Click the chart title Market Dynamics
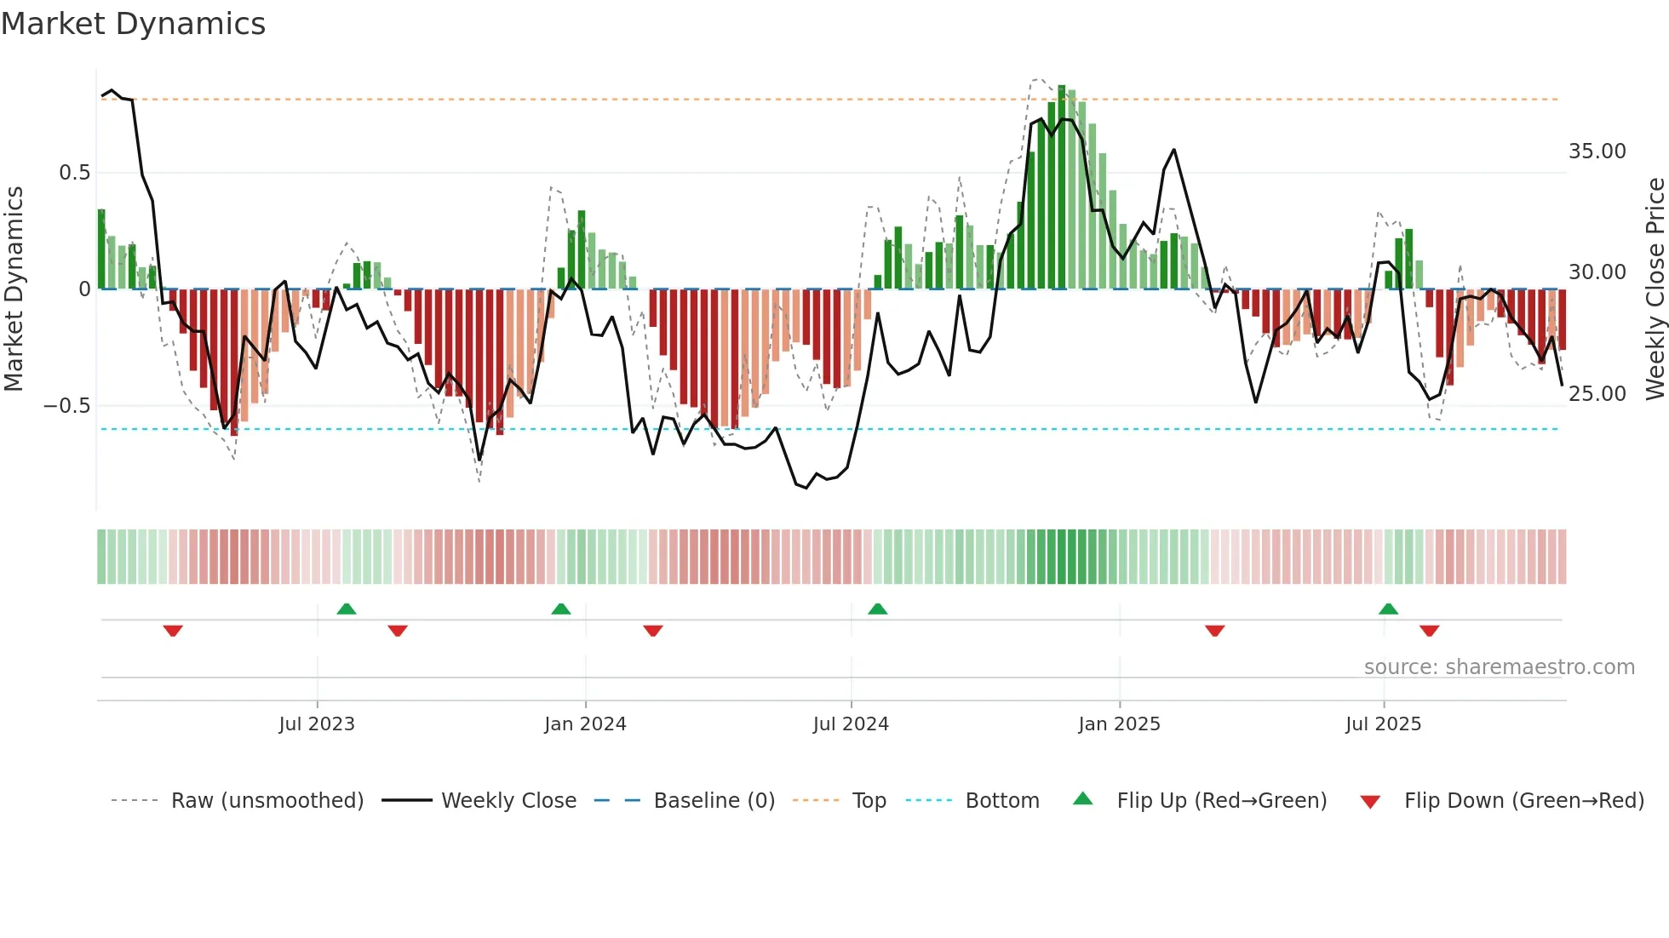(134, 24)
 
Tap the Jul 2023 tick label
(317, 724)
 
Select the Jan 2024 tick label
(585, 724)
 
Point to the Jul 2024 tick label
(851, 724)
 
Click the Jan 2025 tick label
(1119, 724)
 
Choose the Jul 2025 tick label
(1383, 724)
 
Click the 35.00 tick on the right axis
(1597, 152)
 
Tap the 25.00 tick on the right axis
(1597, 394)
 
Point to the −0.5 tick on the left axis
(67, 406)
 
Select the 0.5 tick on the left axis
(74, 173)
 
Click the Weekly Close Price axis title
(1655, 289)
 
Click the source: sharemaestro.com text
(1499, 667)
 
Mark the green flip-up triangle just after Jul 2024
(877, 609)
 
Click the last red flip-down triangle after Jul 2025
(1429, 631)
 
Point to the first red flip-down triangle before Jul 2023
(173, 631)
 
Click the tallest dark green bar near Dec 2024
(1062, 187)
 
